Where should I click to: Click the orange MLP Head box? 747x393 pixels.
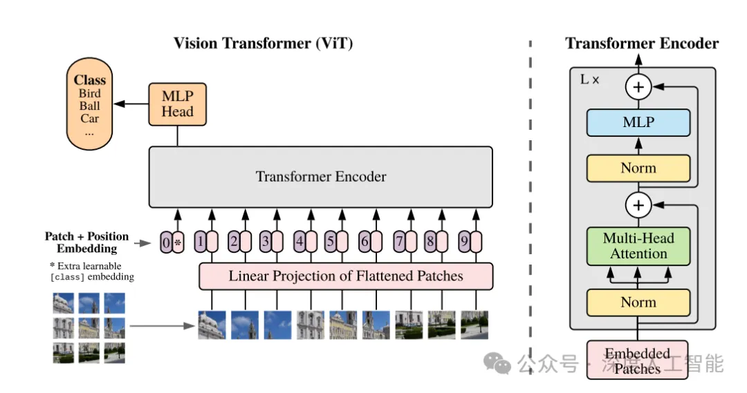(x=177, y=104)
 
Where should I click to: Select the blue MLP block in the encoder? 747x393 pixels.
(x=638, y=122)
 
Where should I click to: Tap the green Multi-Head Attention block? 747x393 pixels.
(x=638, y=246)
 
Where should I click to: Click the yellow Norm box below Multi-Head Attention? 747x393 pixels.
(x=638, y=302)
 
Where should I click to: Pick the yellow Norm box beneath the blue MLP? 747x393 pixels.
(x=638, y=168)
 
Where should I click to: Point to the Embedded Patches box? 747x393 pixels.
(x=638, y=360)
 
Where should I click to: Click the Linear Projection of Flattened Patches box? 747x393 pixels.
(x=346, y=276)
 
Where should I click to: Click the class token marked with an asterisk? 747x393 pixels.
(x=178, y=242)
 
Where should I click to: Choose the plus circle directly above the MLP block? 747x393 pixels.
(x=638, y=86)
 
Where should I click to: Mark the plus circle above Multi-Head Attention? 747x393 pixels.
(x=638, y=205)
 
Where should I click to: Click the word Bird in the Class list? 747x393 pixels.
(x=89, y=93)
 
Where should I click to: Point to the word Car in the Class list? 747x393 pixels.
(x=89, y=119)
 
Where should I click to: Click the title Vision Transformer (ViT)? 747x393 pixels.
(x=263, y=44)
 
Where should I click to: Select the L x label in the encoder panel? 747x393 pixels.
(x=589, y=79)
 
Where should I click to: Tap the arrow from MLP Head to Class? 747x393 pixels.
(x=131, y=104)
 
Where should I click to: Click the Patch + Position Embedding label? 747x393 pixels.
(x=86, y=242)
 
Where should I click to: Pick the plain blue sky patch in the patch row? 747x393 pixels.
(x=277, y=325)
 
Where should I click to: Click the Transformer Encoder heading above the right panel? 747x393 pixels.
(x=642, y=44)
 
